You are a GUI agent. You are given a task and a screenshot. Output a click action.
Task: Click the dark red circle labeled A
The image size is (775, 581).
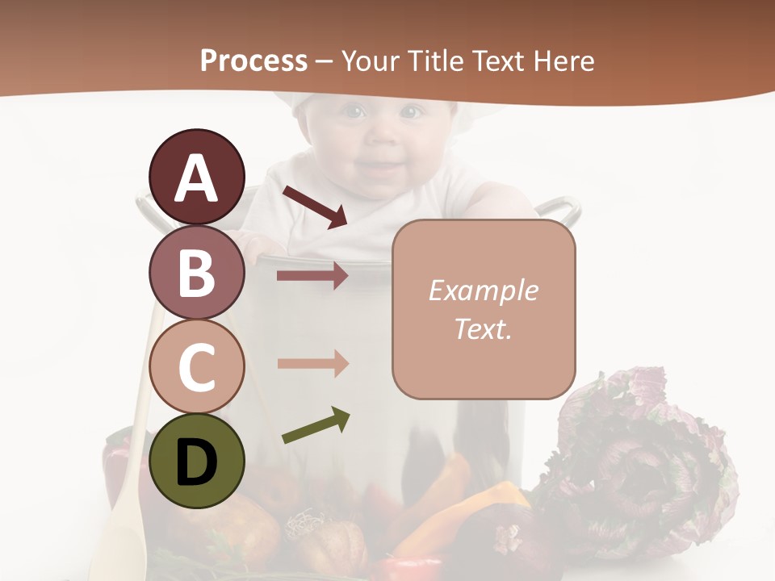pyautogui.click(x=197, y=177)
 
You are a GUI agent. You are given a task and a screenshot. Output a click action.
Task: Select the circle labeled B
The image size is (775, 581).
pyautogui.click(x=197, y=272)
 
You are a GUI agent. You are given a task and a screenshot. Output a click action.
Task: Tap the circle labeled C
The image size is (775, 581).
pyautogui.click(x=197, y=366)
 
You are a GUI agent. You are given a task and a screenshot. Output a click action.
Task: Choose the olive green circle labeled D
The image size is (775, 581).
pyautogui.click(x=197, y=461)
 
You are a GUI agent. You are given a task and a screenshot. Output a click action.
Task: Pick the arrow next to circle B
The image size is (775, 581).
pyautogui.click(x=312, y=276)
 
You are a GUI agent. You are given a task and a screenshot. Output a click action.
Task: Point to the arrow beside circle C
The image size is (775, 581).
pyautogui.click(x=312, y=363)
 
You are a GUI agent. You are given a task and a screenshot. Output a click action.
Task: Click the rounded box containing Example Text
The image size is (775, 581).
pyautogui.click(x=484, y=309)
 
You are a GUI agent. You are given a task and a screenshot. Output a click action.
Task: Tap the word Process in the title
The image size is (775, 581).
pyautogui.click(x=253, y=61)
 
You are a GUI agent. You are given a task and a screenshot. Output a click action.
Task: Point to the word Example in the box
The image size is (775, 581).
pyautogui.click(x=483, y=290)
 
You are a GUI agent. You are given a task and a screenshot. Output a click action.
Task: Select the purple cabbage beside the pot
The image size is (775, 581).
pyautogui.click(x=638, y=452)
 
